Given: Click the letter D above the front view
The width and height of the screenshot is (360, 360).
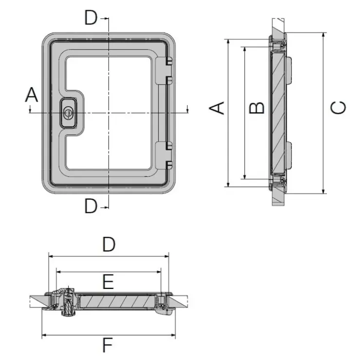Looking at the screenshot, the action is click(x=91, y=18).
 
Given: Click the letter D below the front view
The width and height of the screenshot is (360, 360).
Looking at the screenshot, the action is click(x=91, y=206).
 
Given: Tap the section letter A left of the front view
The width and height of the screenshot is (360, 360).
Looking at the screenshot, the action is click(x=32, y=94).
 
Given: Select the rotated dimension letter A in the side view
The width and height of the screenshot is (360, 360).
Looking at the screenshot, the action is click(x=217, y=108).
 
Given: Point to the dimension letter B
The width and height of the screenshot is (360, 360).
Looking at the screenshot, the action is click(x=257, y=108).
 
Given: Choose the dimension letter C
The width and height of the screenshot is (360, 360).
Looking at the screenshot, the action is click(x=338, y=108).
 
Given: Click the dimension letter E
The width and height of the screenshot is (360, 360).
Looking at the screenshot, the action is click(x=108, y=282).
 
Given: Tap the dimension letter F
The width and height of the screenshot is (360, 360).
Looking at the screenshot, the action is click(x=108, y=345).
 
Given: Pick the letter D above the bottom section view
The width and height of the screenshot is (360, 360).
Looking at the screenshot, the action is click(x=108, y=245).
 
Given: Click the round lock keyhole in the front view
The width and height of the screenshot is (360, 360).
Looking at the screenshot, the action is click(x=68, y=113).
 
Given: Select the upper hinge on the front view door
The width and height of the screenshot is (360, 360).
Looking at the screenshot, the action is click(x=163, y=71).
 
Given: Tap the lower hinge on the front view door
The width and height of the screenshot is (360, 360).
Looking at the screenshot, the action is click(x=163, y=156).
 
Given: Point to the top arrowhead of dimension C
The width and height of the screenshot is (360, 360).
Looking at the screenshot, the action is click(x=323, y=36).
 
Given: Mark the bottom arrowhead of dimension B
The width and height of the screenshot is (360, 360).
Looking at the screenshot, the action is click(x=245, y=176).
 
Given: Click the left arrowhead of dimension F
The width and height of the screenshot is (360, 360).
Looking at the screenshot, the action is click(x=45, y=335).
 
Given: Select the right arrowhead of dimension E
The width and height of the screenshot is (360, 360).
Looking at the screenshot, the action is click(x=159, y=272).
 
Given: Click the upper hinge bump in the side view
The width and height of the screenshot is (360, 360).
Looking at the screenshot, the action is click(x=289, y=71).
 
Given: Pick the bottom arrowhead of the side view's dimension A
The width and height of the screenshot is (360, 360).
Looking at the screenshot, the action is click(x=228, y=184).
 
